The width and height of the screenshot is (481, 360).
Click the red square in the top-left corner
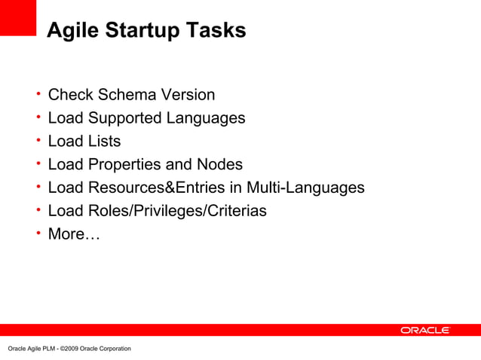[18, 17]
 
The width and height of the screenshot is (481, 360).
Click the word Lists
[104, 142]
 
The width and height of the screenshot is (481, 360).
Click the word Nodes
[219, 164]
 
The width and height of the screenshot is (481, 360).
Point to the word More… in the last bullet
[73, 234]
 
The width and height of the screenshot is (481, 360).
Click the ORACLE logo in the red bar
[424, 330]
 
